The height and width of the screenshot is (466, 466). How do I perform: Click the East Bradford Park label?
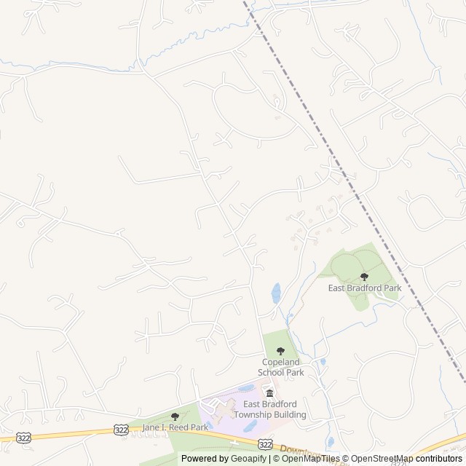tap(364, 288)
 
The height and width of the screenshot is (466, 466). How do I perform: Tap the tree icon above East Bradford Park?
tap(364, 276)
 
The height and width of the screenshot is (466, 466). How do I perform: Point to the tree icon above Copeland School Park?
tap(280, 351)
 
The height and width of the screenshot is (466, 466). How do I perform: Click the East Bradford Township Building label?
tap(274, 410)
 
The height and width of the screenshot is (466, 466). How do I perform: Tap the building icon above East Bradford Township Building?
tap(269, 394)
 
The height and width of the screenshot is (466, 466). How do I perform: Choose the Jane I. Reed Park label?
tap(175, 427)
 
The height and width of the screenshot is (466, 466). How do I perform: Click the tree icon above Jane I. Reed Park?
tap(175, 416)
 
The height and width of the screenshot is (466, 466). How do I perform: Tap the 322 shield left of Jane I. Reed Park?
tap(122, 430)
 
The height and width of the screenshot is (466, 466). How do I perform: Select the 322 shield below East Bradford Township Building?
tap(265, 443)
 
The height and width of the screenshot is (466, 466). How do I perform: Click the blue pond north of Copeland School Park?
tap(276, 293)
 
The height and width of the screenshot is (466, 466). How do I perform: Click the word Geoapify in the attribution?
tap(247, 459)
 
